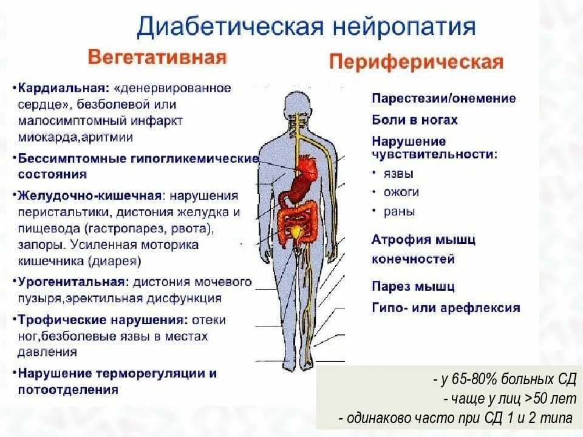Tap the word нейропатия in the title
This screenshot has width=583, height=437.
(404, 28)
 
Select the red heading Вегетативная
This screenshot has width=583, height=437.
(157, 58)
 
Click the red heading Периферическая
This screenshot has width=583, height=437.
(416, 62)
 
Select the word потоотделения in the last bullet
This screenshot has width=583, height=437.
(68, 390)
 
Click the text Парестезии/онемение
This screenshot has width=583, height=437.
(444, 98)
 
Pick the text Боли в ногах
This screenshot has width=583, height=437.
(415, 120)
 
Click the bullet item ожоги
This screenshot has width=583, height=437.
(401, 192)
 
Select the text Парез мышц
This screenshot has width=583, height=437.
(413, 286)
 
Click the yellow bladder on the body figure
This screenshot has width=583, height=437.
(297, 231)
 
